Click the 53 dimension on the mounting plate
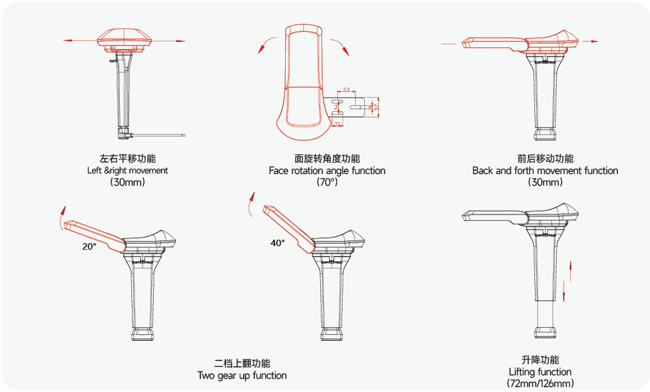(346, 89)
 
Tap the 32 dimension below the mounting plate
(338, 124)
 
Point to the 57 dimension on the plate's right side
(377, 107)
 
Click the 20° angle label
(89, 246)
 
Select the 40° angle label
(277, 243)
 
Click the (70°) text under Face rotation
(327, 182)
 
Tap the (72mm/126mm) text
(540, 383)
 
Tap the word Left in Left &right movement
(94, 170)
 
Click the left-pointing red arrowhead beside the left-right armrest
(67, 40)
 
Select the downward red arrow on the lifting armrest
(564, 296)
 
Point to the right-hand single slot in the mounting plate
(356, 108)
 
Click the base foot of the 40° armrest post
(331, 334)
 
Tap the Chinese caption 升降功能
(540, 360)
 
